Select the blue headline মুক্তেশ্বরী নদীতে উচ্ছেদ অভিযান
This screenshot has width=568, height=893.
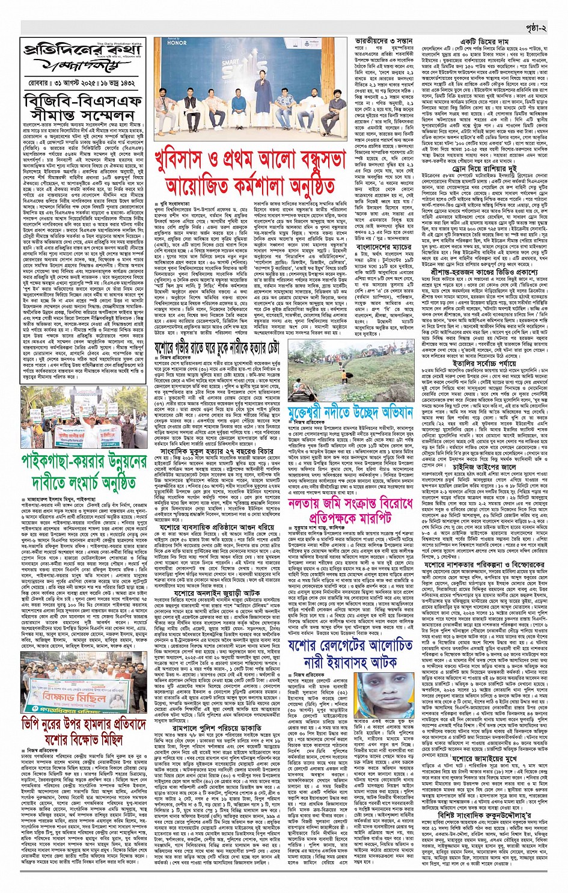tap(358, 413)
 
